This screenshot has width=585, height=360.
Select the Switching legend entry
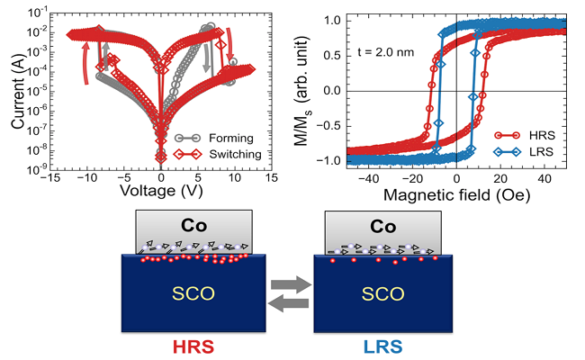(x=233, y=154)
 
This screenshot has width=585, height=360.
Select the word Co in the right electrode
(x=375, y=224)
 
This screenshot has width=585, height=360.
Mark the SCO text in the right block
(x=375, y=293)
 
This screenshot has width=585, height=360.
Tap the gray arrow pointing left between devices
(x=289, y=305)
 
